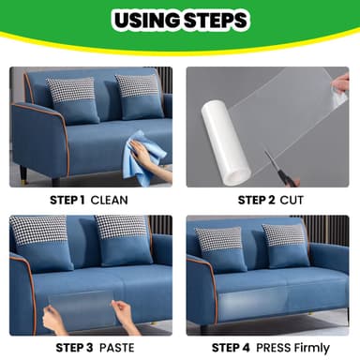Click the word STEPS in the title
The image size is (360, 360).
(217, 20)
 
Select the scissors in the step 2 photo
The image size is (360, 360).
(278, 165)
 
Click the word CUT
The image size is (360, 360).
(294, 199)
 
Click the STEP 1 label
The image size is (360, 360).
(66, 199)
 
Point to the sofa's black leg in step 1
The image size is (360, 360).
(22, 176)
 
